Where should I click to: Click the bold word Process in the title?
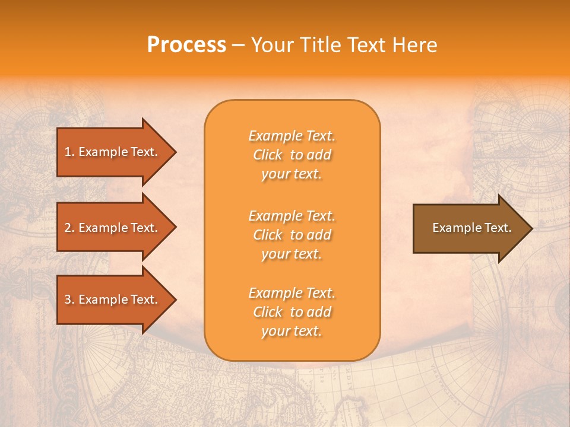[x=186, y=45]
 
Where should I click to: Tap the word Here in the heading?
[x=415, y=45]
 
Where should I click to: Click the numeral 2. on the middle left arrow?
[x=69, y=228]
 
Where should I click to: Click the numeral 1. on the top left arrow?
[x=69, y=152]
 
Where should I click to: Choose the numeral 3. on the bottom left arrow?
[x=69, y=299]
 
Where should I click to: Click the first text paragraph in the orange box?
[x=292, y=155]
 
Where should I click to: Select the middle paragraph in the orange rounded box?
[x=292, y=235]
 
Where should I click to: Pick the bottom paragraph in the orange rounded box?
[x=292, y=312]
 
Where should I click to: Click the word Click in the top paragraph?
[x=268, y=155]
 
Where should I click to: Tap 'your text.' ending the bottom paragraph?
[x=292, y=331]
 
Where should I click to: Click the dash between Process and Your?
[x=238, y=46]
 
